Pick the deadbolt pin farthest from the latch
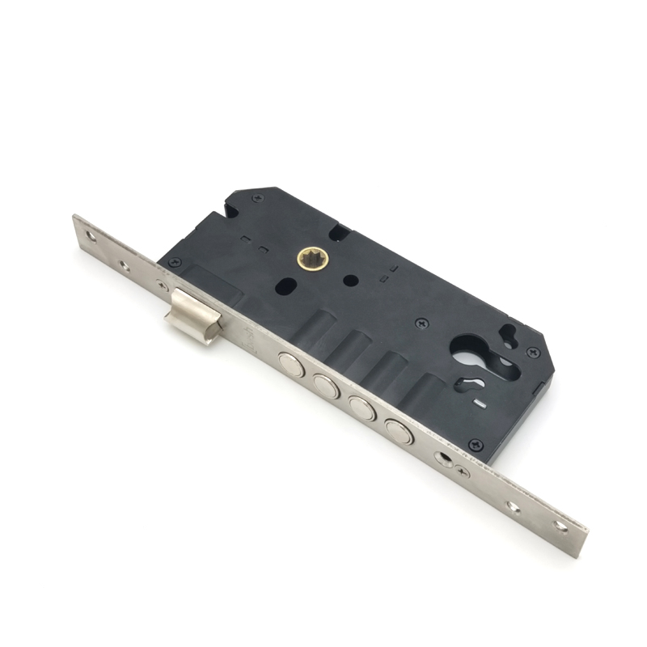tap(399, 432)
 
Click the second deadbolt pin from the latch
tap(326, 386)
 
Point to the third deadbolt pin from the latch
tap(362, 407)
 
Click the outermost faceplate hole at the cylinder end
tap(560, 526)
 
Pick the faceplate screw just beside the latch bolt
tap(164, 284)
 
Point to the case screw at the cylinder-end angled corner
tap(532, 353)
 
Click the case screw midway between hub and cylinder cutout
tap(420, 323)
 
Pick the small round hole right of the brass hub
tap(349, 281)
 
